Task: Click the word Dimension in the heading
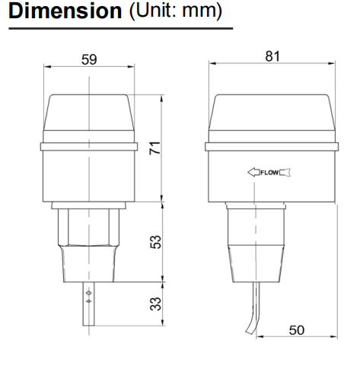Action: tap(65, 11)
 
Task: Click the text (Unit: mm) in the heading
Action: tap(176, 11)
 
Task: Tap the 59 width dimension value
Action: tap(89, 59)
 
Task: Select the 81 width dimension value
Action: tap(272, 56)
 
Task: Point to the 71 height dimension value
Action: tap(155, 148)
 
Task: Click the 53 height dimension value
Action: tap(155, 242)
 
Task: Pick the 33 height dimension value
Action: tap(155, 304)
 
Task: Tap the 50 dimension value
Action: tap(297, 330)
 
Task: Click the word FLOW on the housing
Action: tap(269, 173)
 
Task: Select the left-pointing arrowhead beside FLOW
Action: tap(253, 172)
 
